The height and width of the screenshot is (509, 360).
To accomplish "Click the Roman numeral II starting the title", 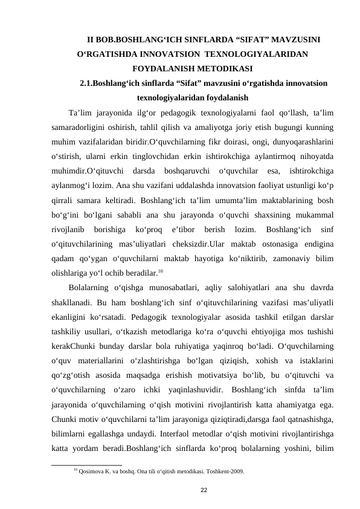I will [91, 41].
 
